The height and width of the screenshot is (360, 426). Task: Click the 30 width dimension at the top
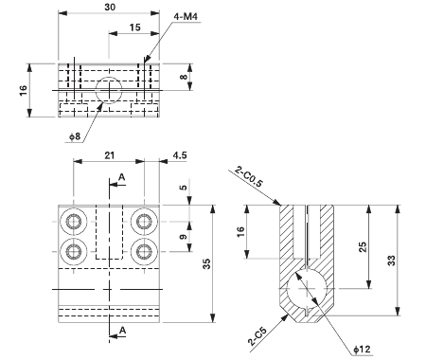click(110, 7)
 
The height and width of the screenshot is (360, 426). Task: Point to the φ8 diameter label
click(76, 137)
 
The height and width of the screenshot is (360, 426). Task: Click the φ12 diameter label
click(362, 350)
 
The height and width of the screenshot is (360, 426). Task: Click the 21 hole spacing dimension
click(110, 155)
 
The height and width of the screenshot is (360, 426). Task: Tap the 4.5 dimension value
click(180, 155)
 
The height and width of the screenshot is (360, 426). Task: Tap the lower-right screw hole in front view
click(144, 251)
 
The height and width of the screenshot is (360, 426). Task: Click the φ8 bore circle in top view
click(109, 91)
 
